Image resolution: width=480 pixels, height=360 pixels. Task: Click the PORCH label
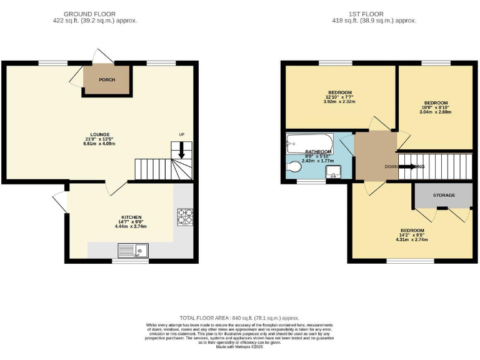point(107,80)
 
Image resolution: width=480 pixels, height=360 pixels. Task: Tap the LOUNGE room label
point(100,134)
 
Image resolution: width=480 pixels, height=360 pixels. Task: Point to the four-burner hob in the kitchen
point(185,216)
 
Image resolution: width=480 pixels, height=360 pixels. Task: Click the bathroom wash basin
point(332,172)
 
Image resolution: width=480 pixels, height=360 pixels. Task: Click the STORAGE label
point(444,196)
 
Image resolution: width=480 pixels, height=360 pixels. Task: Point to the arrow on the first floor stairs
point(409,167)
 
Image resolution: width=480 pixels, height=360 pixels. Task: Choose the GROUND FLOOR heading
point(95,14)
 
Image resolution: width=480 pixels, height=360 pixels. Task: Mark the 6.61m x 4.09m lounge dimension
point(100,143)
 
